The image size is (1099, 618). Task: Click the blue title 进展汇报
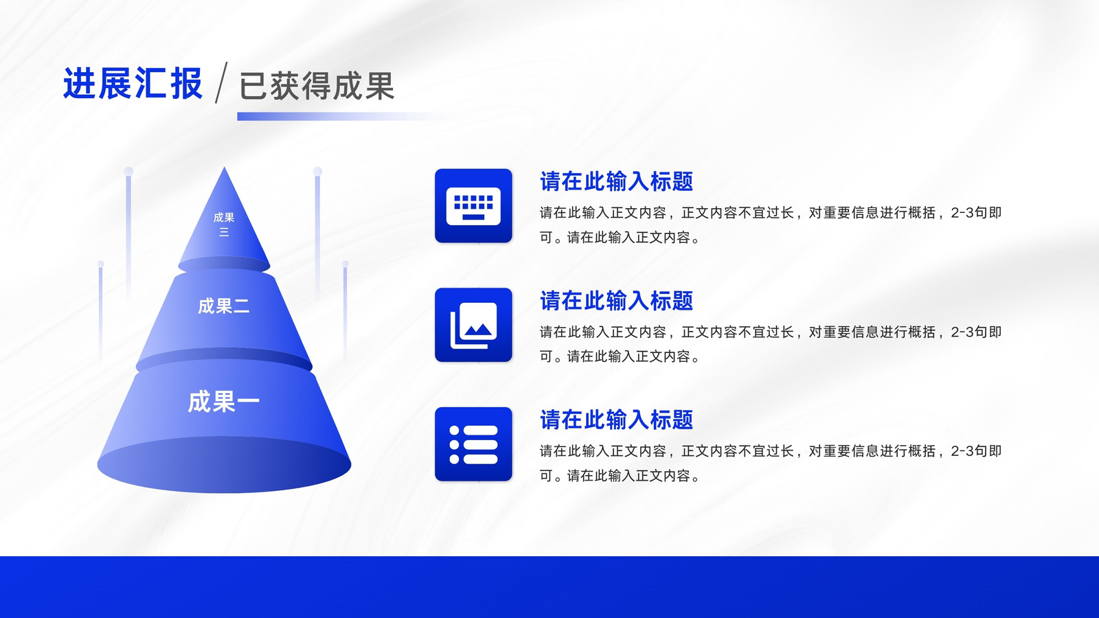(x=133, y=83)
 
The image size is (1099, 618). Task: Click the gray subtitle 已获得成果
(x=317, y=86)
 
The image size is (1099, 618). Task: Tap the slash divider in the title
(x=221, y=82)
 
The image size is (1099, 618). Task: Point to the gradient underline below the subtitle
(x=343, y=116)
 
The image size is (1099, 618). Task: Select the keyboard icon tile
(x=473, y=205)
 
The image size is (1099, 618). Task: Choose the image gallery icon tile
(x=473, y=325)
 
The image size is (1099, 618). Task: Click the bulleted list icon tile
(x=473, y=444)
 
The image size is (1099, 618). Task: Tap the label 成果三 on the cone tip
(x=224, y=225)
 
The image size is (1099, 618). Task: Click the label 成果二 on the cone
(x=224, y=306)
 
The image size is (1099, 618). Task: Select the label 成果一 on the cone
(x=224, y=402)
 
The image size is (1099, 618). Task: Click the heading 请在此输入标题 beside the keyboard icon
(x=616, y=181)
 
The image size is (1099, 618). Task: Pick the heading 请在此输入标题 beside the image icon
(x=616, y=301)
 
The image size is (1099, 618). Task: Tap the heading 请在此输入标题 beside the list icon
(x=616, y=420)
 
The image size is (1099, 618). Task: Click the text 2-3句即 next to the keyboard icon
(x=976, y=213)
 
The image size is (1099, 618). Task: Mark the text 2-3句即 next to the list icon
(x=976, y=451)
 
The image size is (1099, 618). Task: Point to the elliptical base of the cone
(x=224, y=464)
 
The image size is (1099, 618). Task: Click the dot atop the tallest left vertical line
(x=128, y=171)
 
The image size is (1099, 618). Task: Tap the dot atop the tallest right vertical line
(x=317, y=171)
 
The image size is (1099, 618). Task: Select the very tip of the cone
(x=224, y=168)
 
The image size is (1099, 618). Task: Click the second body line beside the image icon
(x=620, y=356)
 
